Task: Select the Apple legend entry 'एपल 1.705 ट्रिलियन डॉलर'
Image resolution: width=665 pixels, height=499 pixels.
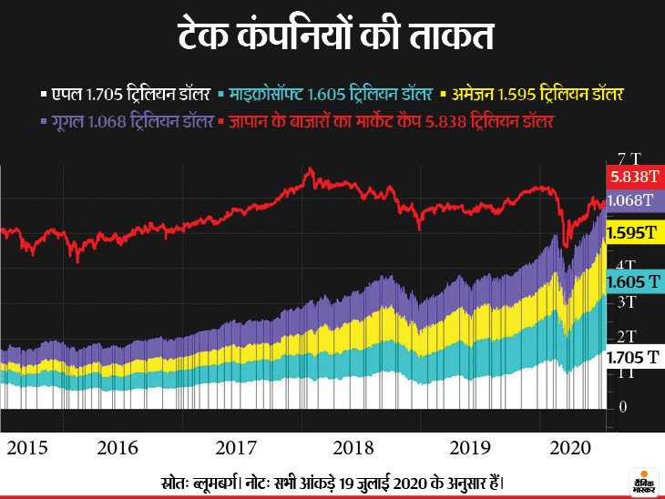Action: pos(128,94)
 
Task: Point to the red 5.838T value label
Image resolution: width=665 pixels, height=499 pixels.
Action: pos(635,177)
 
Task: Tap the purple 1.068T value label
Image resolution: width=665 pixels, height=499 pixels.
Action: pos(635,199)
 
